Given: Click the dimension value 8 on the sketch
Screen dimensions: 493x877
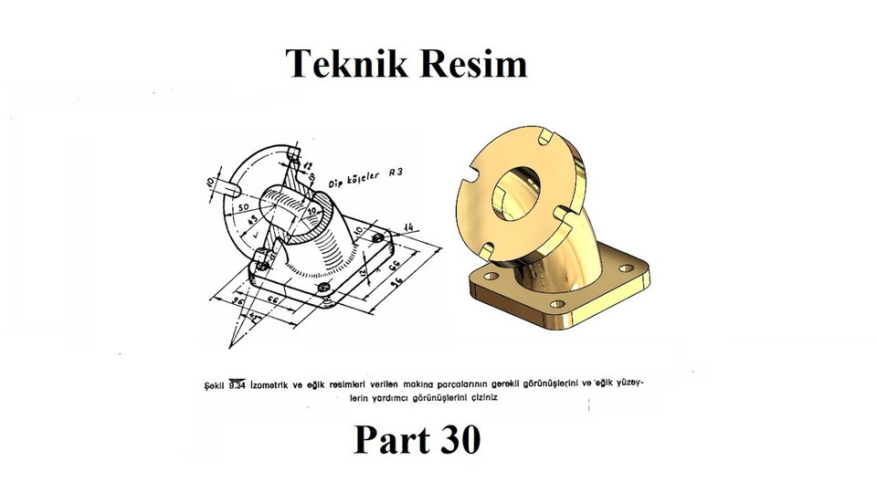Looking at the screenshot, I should point(310,176).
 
